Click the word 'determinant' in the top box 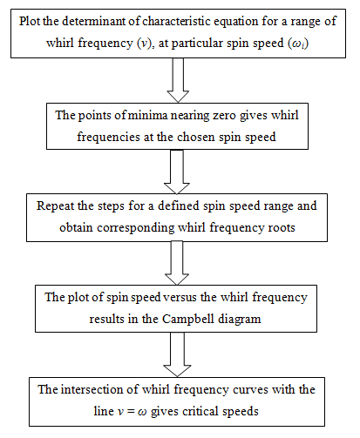pyautogui.click(x=94, y=21)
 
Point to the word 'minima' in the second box pyautogui.click(x=147, y=115)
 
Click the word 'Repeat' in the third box pyautogui.click(x=55, y=206)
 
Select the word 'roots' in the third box pyautogui.click(x=282, y=228)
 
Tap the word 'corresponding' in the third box pyautogui.click(x=136, y=228)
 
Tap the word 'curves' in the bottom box pyautogui.click(x=250, y=390)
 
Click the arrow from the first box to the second pyautogui.click(x=178, y=80)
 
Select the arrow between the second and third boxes pyautogui.click(x=177, y=172)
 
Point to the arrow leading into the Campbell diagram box pyautogui.click(x=177, y=263)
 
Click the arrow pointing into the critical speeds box pyautogui.click(x=177, y=354)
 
